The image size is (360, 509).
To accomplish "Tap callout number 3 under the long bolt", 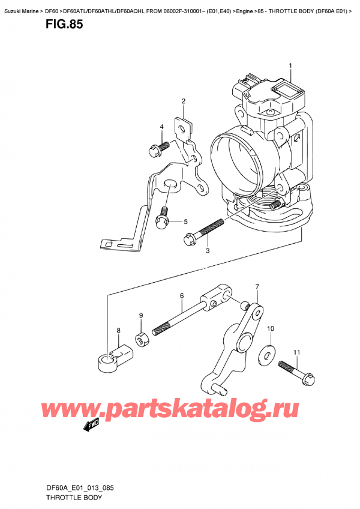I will pos(161,127).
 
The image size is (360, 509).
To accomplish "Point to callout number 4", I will pos(185,222).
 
